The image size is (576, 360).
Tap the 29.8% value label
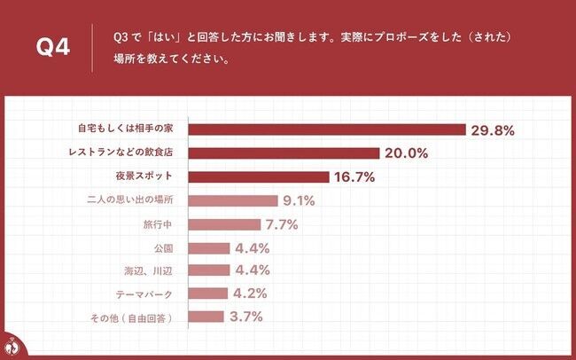493,130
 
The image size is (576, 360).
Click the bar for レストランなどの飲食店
284,153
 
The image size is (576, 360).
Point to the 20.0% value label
407,153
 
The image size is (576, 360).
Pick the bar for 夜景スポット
260,176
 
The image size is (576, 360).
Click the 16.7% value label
354,177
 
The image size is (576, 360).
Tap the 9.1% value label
297,200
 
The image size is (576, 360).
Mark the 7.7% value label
280,224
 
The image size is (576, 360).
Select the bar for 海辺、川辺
210,270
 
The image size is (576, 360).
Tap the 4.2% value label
250,293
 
